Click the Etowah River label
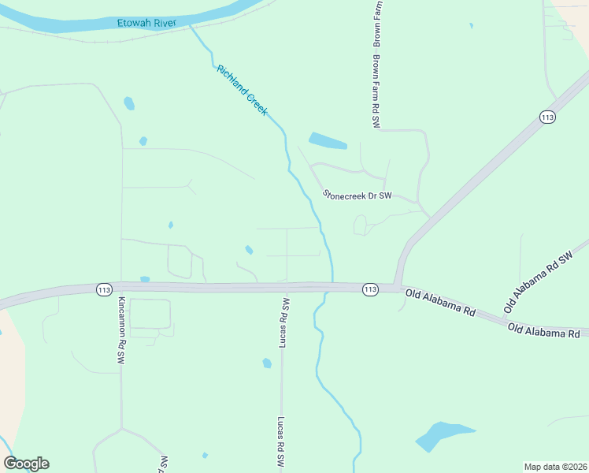[146, 23]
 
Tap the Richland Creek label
[242, 90]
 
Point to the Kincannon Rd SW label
[122, 330]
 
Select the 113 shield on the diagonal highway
[548, 117]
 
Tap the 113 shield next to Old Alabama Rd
[370, 289]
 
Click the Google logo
[26, 464]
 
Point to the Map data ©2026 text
[555, 467]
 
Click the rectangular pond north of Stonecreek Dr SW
[328, 141]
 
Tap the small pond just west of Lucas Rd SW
[267, 363]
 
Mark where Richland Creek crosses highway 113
[332, 287]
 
